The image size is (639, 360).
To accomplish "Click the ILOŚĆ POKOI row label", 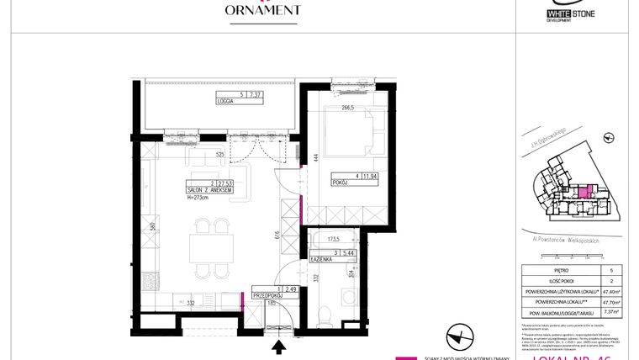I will coord(550,283).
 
